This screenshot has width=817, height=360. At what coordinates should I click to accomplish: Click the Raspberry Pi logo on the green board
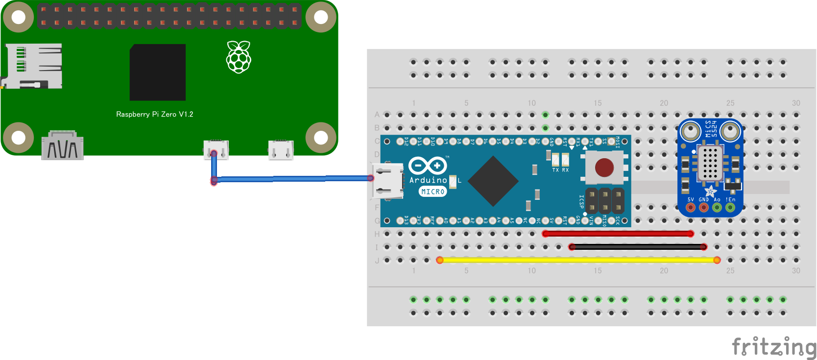tap(239, 57)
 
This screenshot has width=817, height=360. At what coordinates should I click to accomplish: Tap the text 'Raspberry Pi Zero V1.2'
tap(155, 114)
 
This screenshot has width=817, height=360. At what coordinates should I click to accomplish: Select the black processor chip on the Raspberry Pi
tap(158, 72)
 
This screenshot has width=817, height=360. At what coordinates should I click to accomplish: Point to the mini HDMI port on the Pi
tap(63, 145)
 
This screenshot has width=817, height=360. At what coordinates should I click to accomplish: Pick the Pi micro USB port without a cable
tap(281, 150)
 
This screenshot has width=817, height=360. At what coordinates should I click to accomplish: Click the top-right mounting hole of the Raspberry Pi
tap(321, 18)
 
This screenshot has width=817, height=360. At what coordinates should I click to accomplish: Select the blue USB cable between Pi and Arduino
tap(294, 179)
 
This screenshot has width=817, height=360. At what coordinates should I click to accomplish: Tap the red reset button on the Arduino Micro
tap(604, 168)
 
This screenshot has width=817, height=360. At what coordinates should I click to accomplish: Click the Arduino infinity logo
tap(428, 166)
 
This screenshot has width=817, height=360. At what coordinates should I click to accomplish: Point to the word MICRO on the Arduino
tap(433, 192)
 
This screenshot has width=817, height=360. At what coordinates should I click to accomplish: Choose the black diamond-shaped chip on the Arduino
tap(493, 181)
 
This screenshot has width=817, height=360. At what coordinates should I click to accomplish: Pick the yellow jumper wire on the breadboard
tap(578, 260)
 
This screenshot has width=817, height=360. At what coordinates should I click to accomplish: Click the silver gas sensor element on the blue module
tap(710, 163)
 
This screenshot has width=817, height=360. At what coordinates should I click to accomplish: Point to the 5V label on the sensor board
tap(691, 199)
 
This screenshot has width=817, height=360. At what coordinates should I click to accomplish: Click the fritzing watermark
tap(774, 347)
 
